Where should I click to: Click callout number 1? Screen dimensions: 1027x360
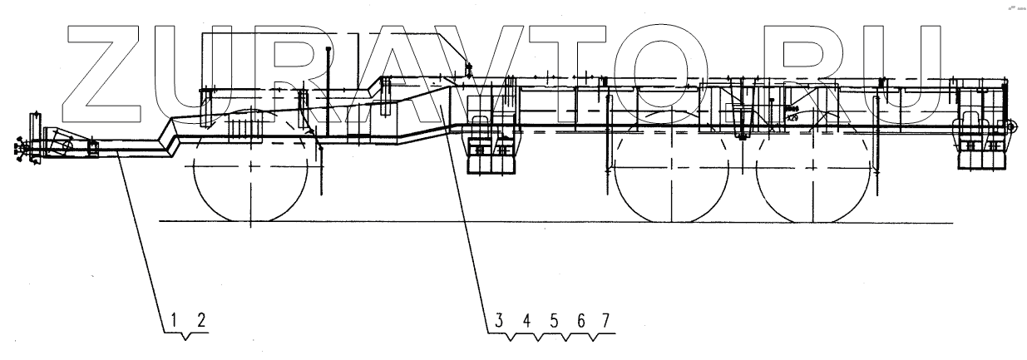[x=175, y=318]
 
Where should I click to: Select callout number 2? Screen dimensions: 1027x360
[x=200, y=318]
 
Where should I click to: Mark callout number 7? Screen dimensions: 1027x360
[x=605, y=318]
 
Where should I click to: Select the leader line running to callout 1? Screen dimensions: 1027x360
[x=141, y=233]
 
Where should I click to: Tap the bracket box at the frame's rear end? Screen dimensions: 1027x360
[x=981, y=145]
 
